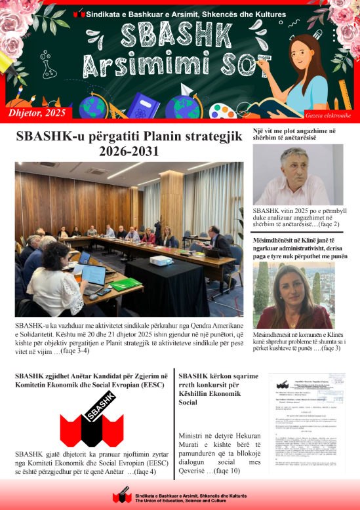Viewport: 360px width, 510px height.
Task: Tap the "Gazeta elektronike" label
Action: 328,115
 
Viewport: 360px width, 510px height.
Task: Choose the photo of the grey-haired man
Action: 298,174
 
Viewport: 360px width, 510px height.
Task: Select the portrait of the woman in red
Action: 293,296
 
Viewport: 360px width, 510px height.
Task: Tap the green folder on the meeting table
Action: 124,285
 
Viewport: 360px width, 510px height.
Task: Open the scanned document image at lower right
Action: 307,423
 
